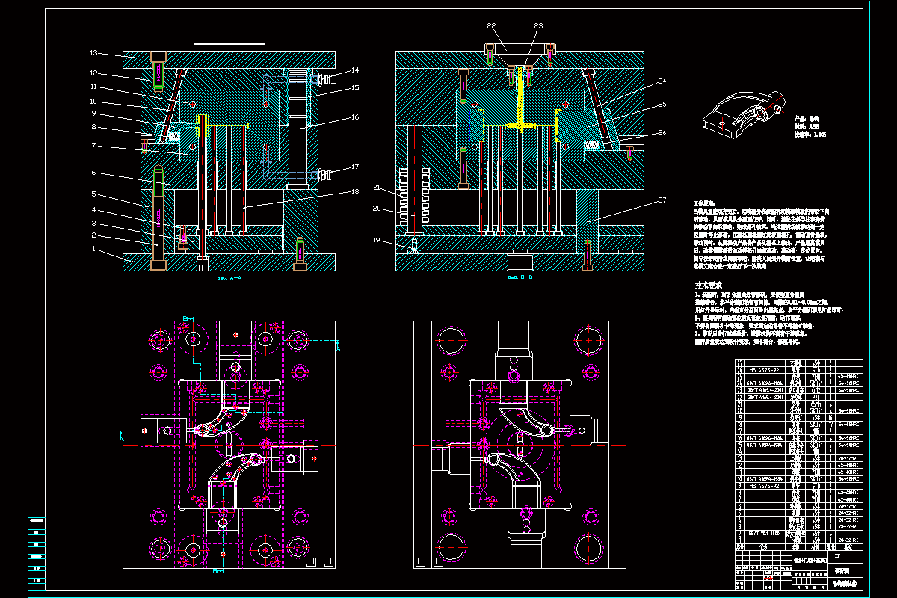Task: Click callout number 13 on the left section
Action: [94, 53]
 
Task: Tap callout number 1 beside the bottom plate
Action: [94, 248]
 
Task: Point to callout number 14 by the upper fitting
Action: [355, 70]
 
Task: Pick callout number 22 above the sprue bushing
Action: [491, 26]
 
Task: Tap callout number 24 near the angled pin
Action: [662, 81]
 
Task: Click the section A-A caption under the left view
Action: [229, 277]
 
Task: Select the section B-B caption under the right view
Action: [520, 277]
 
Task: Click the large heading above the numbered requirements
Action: [709, 285]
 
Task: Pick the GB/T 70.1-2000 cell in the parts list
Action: [759, 533]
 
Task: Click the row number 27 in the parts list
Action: [739, 363]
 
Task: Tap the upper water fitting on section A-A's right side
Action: [324, 78]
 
